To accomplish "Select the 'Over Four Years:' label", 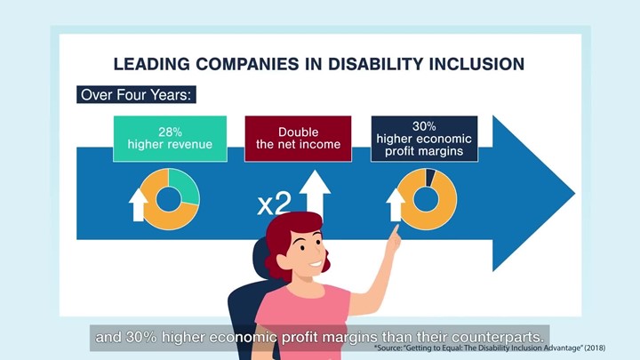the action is pyautogui.click(x=136, y=95).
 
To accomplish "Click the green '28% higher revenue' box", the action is pyautogui.click(x=170, y=139).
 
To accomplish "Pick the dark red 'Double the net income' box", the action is pyautogui.click(x=298, y=139).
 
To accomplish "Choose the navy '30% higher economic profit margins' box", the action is pyautogui.click(x=424, y=139).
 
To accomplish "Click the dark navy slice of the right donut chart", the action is pyautogui.click(x=430, y=177).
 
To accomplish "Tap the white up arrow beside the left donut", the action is pyautogui.click(x=139, y=204).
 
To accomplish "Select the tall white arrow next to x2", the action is pyautogui.click(x=315, y=193).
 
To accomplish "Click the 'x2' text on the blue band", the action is pyautogui.click(x=275, y=204).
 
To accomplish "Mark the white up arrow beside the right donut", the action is pyautogui.click(x=396, y=204).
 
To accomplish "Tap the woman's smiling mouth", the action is pyautogui.click(x=315, y=264).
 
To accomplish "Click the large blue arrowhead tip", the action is pyautogui.click(x=575, y=194).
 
